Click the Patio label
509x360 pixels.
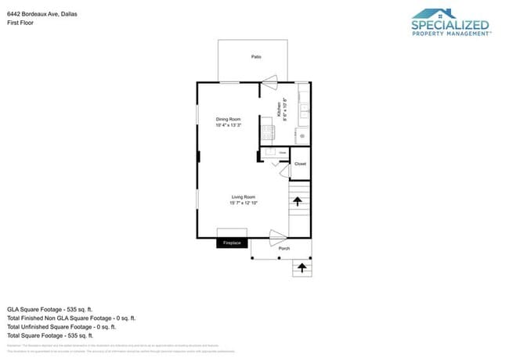pyautogui.click(x=256, y=57)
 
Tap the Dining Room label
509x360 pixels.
pyautogui.click(x=228, y=119)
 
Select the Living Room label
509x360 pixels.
pyautogui.click(x=244, y=196)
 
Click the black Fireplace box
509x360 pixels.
pyautogui.click(x=233, y=243)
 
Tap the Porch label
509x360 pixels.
pyautogui.click(x=284, y=249)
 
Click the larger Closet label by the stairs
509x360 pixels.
pyautogui.click(x=300, y=164)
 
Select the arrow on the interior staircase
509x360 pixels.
pyautogui.click(x=298, y=202)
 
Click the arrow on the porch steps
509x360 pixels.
pyautogui.click(x=300, y=268)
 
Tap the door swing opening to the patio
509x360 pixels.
pyautogui.click(x=269, y=78)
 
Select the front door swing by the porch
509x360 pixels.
pyautogui.click(x=278, y=234)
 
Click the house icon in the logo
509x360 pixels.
pyautogui.click(x=435, y=13)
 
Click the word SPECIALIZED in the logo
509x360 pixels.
pyautogui.click(x=450, y=25)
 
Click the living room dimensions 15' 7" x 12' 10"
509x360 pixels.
pyautogui.click(x=244, y=203)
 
